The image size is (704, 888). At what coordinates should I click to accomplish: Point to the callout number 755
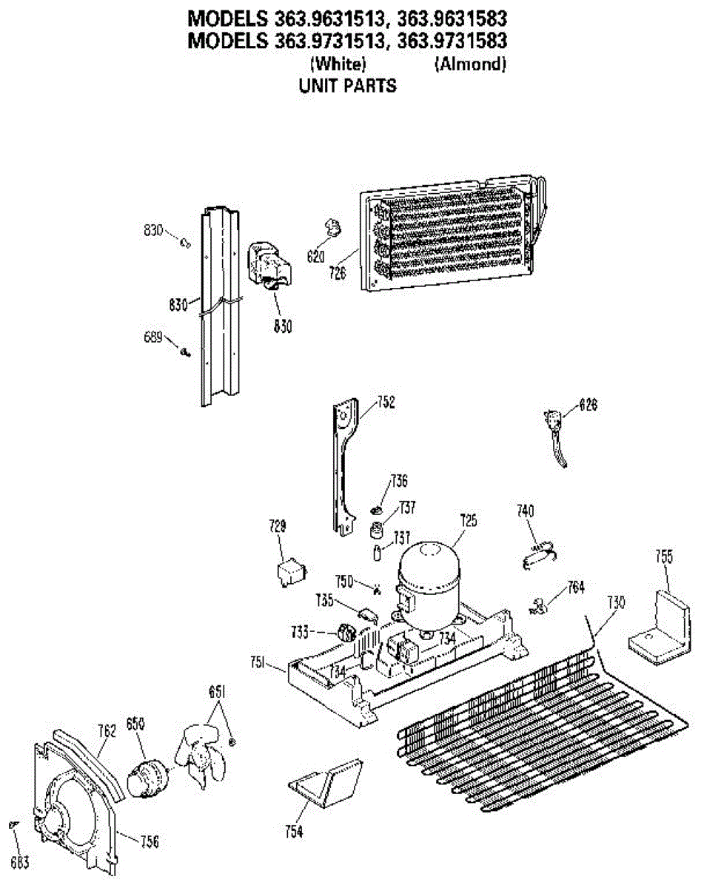(x=664, y=556)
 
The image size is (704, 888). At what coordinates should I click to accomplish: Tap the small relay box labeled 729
(x=288, y=571)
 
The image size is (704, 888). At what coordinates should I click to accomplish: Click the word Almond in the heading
(x=470, y=64)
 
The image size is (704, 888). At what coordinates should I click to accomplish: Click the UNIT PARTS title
(x=347, y=86)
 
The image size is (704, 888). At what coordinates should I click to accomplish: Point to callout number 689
(x=153, y=337)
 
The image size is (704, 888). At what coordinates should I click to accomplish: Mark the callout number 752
(x=386, y=403)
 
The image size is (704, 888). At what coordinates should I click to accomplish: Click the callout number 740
(x=526, y=511)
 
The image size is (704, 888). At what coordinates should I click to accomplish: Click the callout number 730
(x=616, y=602)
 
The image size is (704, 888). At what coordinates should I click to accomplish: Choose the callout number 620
(x=316, y=258)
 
